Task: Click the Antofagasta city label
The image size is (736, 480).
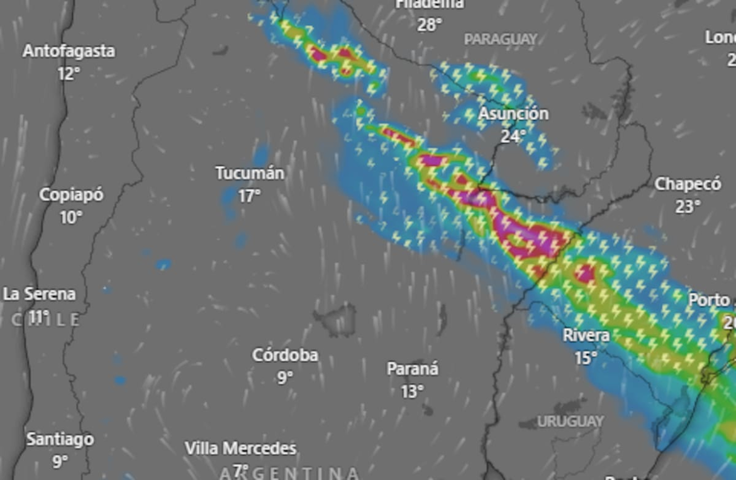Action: pos(69,51)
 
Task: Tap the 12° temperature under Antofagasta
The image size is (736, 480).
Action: pos(69,74)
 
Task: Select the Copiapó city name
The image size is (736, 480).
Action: pos(71,195)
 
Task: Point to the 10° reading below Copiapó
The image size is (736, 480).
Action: pos(70,218)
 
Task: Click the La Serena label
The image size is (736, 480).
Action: pos(39,294)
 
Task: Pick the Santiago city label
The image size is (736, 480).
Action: pos(60,439)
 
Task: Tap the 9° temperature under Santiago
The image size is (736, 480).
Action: pos(59,462)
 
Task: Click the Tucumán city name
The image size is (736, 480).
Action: pos(250,173)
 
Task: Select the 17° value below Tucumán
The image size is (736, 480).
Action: pos(249,196)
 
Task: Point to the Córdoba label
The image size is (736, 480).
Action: pos(285,355)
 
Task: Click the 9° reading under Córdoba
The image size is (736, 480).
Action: pos(285,377)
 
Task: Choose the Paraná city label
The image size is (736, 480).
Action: pos(412,369)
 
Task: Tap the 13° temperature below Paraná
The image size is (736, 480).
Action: pos(412,391)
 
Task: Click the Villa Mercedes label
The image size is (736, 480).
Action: pos(240,449)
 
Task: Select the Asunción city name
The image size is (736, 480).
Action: pos(513,114)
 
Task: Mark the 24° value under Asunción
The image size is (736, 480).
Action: pos(513,136)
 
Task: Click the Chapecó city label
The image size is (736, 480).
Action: pos(688,184)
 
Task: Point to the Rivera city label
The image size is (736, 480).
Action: pos(586,335)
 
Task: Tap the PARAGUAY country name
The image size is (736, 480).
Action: pos(501,39)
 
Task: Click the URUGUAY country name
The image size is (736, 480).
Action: pos(570,421)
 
